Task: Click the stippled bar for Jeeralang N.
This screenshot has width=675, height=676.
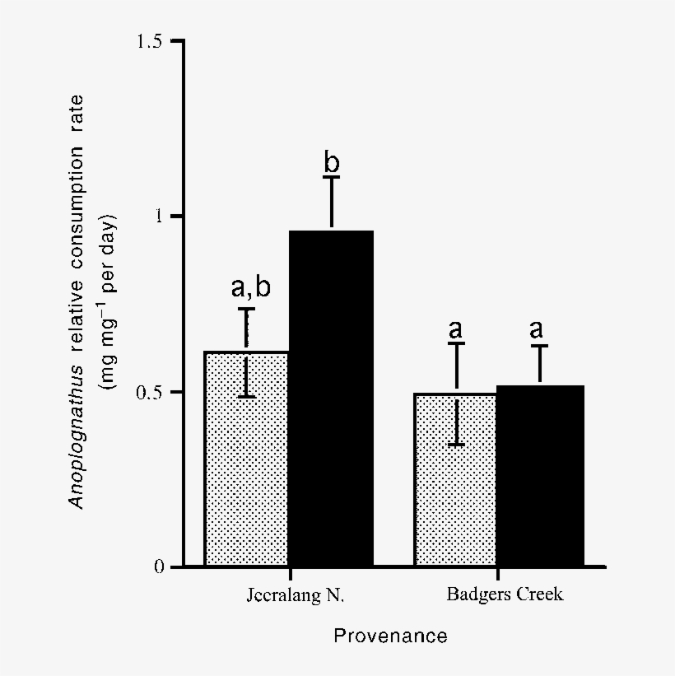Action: (247, 478)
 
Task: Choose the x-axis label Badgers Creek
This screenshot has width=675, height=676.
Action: (505, 594)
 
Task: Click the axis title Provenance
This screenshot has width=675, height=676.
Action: (390, 636)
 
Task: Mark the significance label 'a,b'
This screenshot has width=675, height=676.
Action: (250, 287)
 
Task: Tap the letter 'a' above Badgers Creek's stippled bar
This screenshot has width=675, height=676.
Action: (455, 329)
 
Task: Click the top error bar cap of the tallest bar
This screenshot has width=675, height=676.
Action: (331, 177)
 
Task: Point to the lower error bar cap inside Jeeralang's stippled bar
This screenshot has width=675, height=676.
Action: (246, 397)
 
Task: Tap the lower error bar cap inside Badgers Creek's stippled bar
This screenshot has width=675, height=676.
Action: (455, 445)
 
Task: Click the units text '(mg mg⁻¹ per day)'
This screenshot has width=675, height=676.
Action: (107, 302)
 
